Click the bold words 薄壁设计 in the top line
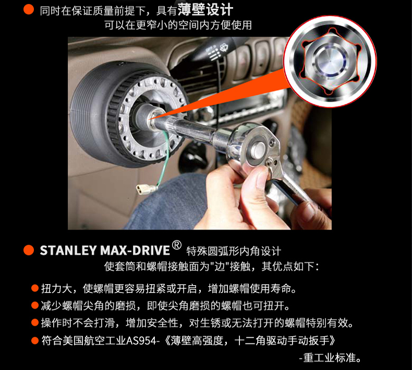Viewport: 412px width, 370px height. pos(205,10)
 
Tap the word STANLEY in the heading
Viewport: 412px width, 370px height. pos(68,250)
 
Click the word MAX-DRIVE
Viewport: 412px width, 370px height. pos(135,250)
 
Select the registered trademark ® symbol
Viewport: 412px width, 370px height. pos(177,245)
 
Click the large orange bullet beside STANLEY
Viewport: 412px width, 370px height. pos(29,250)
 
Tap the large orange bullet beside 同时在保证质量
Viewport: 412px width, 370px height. pos(29,9)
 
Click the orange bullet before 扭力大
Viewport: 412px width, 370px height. pos(35,288)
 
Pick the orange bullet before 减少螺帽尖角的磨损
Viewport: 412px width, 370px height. pos(35,305)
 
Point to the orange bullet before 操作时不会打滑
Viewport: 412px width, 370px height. pos(35,322)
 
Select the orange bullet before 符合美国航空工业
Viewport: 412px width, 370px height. pos(35,341)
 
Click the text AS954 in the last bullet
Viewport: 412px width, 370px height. pos(141,341)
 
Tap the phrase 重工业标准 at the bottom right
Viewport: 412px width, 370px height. pos(330,358)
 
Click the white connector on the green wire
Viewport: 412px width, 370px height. pos(143,189)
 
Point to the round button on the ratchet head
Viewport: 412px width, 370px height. pos(258,149)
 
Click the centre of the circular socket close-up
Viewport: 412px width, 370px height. pos(330,61)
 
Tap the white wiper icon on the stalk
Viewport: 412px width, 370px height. pos(223,48)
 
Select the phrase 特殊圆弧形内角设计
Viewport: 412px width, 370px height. pos(234,251)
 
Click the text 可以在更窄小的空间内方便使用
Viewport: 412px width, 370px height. pos(178,25)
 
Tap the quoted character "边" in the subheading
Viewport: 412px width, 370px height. pos(220,266)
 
